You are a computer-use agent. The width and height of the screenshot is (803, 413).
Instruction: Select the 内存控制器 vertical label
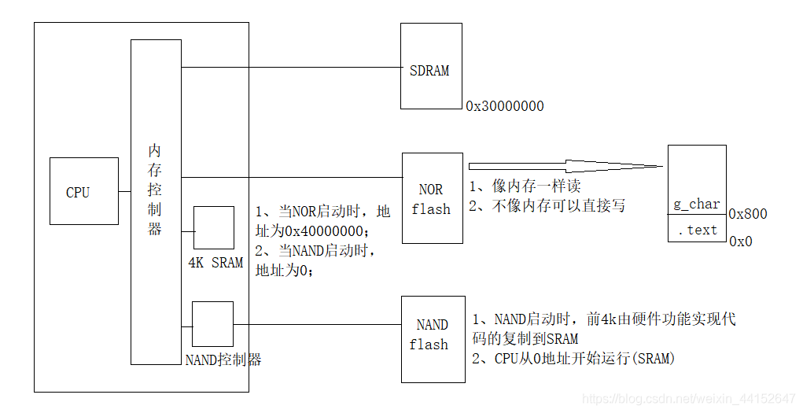[x=155, y=190]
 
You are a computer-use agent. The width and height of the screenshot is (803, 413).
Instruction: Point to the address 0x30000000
[x=505, y=106]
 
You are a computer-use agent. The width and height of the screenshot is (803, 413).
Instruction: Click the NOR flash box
[x=431, y=198]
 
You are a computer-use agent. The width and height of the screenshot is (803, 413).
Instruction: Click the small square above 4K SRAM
[x=214, y=228]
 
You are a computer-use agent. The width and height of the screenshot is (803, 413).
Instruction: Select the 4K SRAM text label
[x=215, y=263]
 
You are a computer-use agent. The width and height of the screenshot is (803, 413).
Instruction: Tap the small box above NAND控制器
[x=212, y=323]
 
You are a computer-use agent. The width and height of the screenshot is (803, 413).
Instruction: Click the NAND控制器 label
[x=223, y=360]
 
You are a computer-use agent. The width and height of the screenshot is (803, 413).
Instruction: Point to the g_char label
[x=696, y=204]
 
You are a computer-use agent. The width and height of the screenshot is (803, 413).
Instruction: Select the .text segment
[x=697, y=230]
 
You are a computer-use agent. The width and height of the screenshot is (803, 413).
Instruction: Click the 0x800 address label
[x=748, y=214]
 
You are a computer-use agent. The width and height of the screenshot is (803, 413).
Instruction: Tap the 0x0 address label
[x=740, y=242]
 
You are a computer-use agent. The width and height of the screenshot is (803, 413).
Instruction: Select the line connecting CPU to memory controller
[x=123, y=191]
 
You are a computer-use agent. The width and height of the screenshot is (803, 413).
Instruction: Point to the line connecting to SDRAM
[x=290, y=67]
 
